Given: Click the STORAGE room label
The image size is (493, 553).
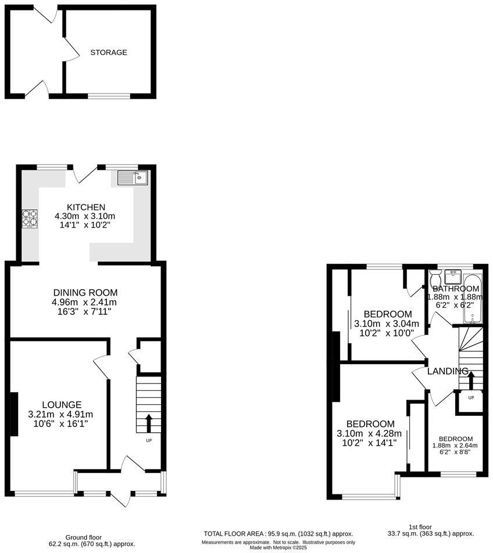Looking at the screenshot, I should [x=108, y=52].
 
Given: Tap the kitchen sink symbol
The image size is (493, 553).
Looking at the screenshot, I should [x=133, y=177].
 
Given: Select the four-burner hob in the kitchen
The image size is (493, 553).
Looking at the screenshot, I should [x=30, y=218].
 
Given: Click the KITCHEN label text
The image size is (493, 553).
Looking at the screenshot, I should [x=85, y=207].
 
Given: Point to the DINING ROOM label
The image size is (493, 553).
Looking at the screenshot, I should [x=85, y=293].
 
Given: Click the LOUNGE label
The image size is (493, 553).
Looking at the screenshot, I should [x=61, y=405].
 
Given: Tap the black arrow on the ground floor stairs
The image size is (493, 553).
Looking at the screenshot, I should [x=148, y=423].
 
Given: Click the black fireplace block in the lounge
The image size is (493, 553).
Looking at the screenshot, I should [x=13, y=414].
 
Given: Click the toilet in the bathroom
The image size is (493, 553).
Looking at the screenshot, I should [x=435, y=277].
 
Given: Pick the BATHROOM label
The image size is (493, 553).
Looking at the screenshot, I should [x=456, y=289].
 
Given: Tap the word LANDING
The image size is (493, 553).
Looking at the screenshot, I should [x=448, y=371].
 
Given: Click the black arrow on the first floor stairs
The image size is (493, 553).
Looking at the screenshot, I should [x=470, y=380].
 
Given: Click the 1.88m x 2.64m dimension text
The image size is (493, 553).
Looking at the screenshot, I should [x=455, y=446].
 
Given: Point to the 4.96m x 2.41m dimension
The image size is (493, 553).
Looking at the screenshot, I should [x=85, y=302].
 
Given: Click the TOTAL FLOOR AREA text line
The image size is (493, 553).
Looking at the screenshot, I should [x=278, y=534].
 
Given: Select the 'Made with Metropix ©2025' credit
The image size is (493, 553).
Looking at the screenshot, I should [x=278, y=547].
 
